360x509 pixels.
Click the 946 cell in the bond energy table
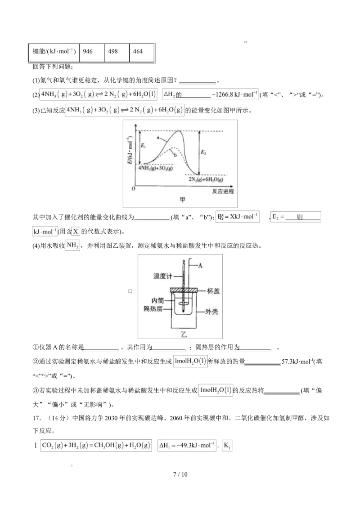88,52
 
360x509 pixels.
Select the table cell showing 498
113,52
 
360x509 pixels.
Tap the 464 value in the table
138,52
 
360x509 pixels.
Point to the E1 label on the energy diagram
143,146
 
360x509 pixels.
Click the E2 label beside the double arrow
203,152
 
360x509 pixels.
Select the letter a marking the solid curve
158,138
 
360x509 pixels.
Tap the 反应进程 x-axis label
223,191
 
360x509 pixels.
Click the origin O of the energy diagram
133,188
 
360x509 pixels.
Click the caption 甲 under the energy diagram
182,200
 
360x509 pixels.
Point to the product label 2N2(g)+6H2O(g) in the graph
206,179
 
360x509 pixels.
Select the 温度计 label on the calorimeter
163,276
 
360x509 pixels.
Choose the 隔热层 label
153,308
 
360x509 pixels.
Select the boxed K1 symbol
227,446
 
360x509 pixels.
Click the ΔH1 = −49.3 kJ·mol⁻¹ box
187,446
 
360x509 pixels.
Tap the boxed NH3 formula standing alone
73,245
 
